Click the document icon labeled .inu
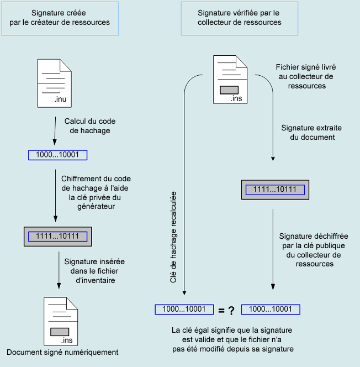coord(54,84)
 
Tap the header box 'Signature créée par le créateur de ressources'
coord(60,18)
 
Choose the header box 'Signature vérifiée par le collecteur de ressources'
coord(239,18)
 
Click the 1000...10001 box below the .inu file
coord(59,155)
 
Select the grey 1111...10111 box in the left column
coord(58,236)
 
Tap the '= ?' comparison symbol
coord(226,311)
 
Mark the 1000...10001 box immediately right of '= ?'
coord(271,309)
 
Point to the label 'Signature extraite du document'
coord(308,132)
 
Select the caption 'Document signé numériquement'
coord(62,352)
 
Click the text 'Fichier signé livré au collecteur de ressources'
coord(306,76)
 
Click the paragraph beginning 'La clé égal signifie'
coord(232,339)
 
